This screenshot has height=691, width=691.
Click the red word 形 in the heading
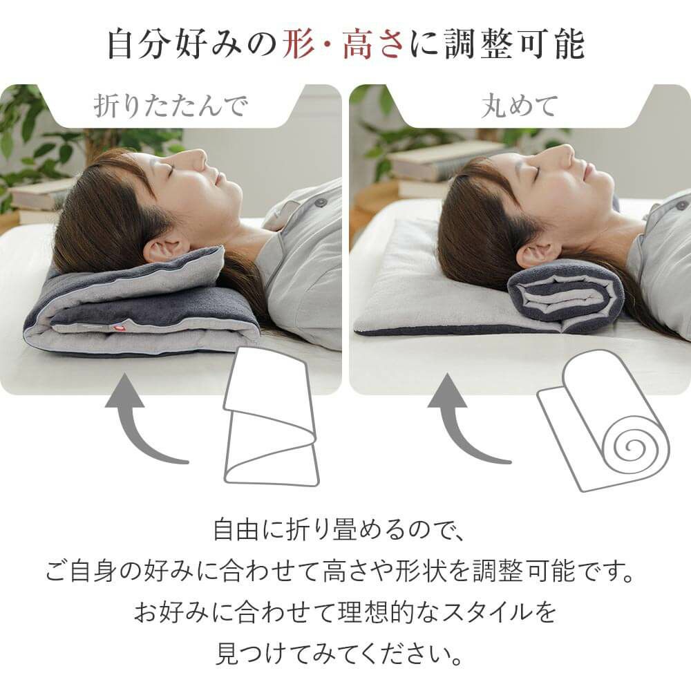point(299,44)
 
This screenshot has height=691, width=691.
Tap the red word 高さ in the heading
point(374,44)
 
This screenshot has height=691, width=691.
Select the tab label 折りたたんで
point(171,106)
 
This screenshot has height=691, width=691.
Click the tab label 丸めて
point(519,106)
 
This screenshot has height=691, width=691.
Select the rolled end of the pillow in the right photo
point(567,295)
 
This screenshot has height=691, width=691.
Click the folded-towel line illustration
point(270,417)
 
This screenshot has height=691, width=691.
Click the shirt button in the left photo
point(321,202)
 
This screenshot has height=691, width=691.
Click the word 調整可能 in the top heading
point(514,44)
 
